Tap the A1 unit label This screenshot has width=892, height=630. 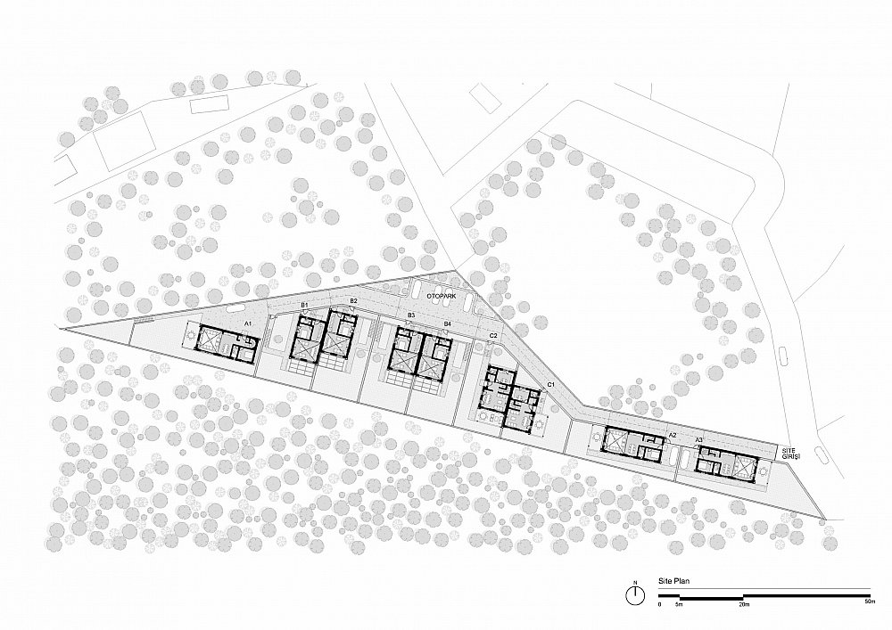[x=247, y=323]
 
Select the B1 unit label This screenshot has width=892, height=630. [x=304, y=305]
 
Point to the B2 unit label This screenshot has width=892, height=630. [x=353, y=300]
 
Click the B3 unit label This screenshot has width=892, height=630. [x=410, y=315]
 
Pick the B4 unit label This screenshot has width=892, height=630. [x=447, y=323]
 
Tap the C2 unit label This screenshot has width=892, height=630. [x=493, y=336]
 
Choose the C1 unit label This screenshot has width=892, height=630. [x=550, y=385]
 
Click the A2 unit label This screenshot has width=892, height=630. [x=672, y=435]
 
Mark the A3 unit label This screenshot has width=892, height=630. [x=699, y=439]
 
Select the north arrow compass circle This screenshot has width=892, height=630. [x=635, y=596]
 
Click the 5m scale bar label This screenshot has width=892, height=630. [x=679, y=604]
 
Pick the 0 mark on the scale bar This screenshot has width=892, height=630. [x=659, y=604]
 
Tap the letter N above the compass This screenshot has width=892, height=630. [x=635, y=582]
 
